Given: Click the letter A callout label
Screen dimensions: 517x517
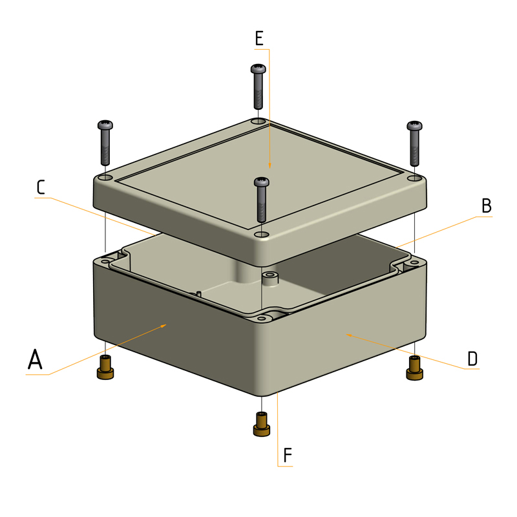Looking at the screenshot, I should click(x=35, y=360).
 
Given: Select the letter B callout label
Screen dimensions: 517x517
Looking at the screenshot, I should click(x=486, y=206).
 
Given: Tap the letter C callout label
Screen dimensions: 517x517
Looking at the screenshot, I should click(x=41, y=187).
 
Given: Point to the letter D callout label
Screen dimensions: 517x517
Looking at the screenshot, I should click(x=472, y=359).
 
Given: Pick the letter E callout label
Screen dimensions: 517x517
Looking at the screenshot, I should click(x=259, y=38).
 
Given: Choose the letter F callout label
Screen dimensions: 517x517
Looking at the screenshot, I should click(x=288, y=456).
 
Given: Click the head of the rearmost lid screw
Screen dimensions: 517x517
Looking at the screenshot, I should click(x=257, y=69).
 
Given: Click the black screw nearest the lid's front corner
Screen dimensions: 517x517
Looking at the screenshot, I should click(x=262, y=199).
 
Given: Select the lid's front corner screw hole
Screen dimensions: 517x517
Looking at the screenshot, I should click(x=261, y=234).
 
